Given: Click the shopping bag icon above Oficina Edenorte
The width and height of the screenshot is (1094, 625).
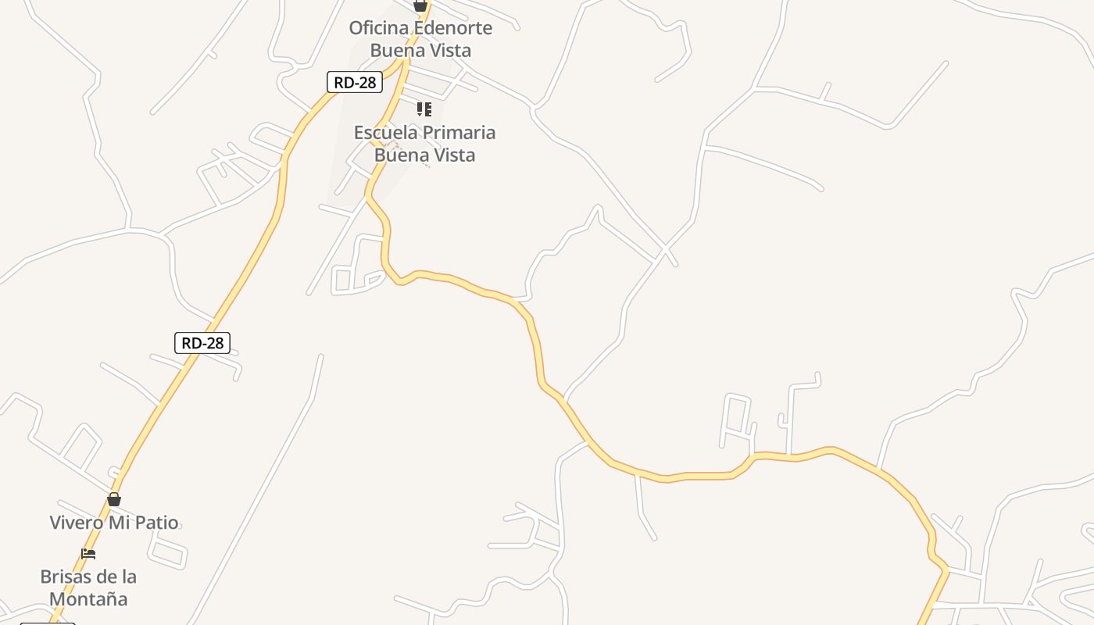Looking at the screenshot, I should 420,5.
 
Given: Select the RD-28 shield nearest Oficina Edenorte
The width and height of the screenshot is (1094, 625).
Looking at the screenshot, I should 355,83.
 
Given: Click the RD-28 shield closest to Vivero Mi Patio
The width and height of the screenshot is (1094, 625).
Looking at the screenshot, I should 202,342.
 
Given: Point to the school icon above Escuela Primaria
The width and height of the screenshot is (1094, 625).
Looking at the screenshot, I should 424,109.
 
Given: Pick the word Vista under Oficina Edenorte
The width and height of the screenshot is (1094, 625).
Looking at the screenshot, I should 448,51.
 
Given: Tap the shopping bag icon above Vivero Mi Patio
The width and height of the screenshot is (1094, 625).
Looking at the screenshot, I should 114,499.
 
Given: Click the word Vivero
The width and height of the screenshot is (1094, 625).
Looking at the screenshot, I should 77,523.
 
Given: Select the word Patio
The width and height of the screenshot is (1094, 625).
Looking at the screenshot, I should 156,523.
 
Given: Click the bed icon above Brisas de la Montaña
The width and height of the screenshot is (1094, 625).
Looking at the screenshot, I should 88,554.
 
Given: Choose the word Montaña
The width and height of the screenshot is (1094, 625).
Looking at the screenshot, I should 88,600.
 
